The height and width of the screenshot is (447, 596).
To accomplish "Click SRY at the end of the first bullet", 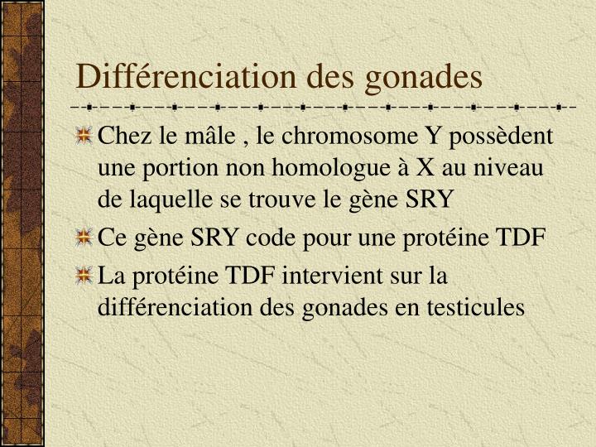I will (x=430, y=201).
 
